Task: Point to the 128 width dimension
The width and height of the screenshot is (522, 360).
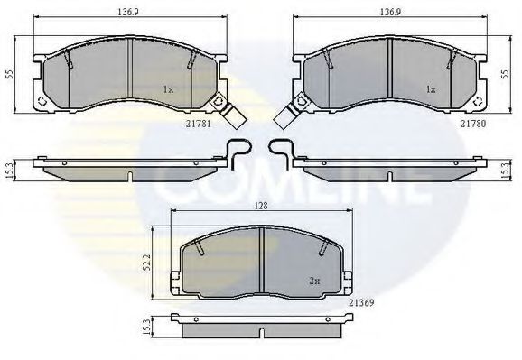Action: click(260, 207)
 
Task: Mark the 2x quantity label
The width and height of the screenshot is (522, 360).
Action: click(315, 280)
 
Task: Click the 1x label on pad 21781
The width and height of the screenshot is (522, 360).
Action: click(168, 89)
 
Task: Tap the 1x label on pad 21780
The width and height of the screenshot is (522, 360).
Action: click(431, 89)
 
